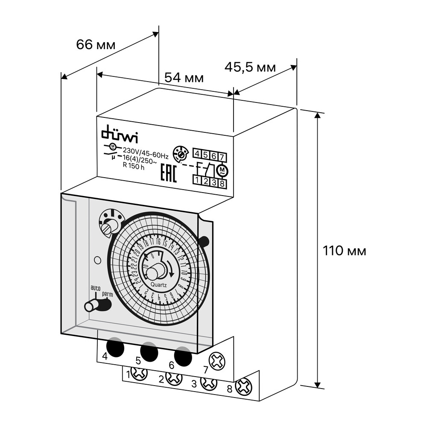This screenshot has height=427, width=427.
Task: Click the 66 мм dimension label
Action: pyautogui.click(x=96, y=44)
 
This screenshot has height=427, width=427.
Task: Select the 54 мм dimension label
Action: pyautogui.click(x=184, y=78)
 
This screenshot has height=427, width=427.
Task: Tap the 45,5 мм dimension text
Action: pyautogui.click(x=250, y=67)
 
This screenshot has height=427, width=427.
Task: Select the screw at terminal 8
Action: pyautogui.click(x=245, y=387)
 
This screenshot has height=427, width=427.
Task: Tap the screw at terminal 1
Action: pyautogui.click(x=139, y=374)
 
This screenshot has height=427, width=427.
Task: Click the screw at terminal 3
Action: pyautogui.click(x=209, y=382)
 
